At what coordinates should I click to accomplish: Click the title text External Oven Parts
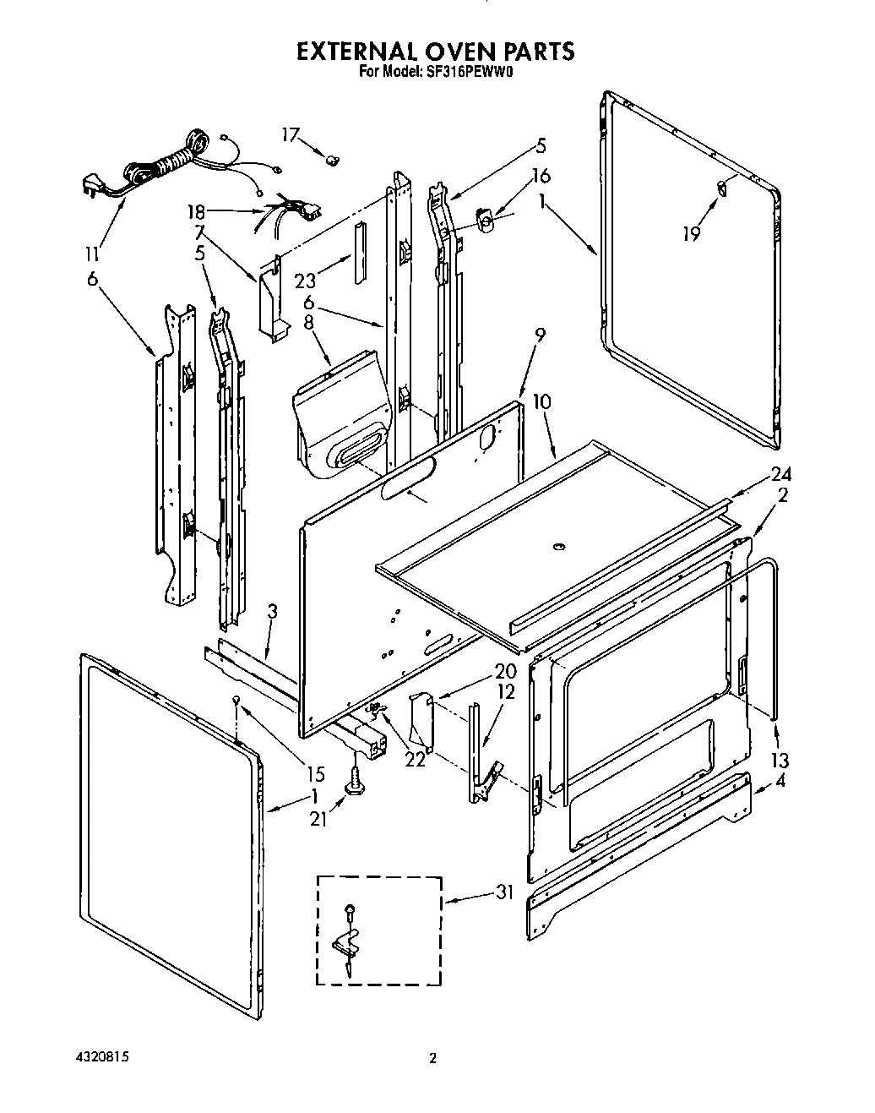pos(435,52)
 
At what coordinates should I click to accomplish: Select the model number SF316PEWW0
pos(472,73)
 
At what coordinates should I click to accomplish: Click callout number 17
pos(291,134)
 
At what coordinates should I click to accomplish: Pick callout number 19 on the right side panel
pos(692,232)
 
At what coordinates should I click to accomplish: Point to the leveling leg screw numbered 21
pos(354,780)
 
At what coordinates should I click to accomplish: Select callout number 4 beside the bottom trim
pos(780,782)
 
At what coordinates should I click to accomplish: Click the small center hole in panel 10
pos(556,548)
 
